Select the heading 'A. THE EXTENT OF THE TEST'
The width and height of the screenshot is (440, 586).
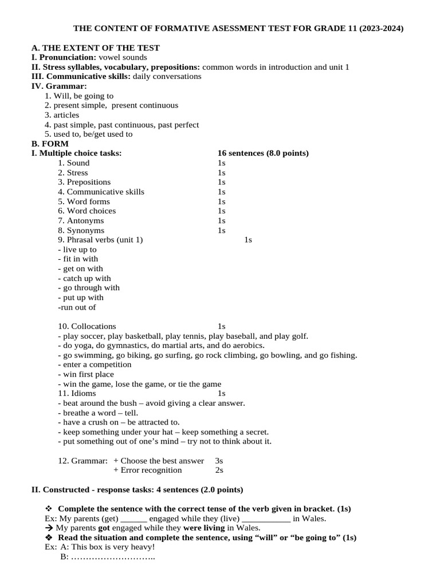click(95, 48)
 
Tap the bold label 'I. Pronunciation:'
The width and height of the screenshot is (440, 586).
click(64, 57)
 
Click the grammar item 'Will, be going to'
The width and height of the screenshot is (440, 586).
click(83, 96)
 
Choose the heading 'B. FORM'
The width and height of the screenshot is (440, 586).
click(50, 144)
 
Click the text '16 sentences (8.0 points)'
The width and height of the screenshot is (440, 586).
click(263, 153)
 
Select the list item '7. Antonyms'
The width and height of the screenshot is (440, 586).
click(81, 220)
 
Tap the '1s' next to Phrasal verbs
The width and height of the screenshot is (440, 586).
click(248, 240)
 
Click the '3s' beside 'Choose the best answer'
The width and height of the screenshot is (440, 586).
click(219, 461)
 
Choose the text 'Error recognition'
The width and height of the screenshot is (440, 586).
click(151, 470)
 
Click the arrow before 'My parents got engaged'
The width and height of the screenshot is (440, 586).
click(49, 528)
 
